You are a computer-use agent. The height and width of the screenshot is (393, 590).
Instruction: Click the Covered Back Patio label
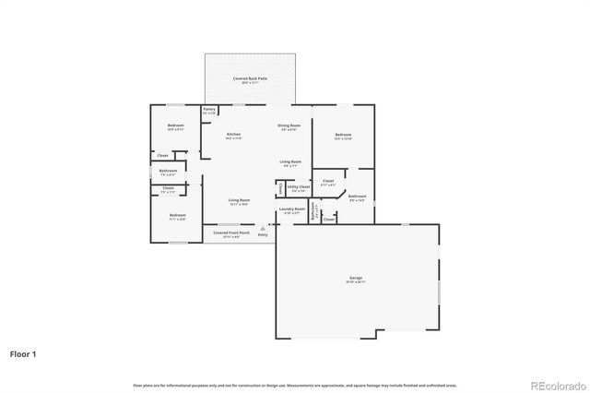[x=250, y=80]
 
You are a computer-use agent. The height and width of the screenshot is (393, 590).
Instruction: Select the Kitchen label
[x=234, y=136]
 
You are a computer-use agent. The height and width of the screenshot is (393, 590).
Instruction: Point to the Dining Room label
[x=290, y=125]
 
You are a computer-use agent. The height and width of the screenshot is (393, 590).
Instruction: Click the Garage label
[x=355, y=278]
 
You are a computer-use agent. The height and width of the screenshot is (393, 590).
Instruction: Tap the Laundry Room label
[x=291, y=209]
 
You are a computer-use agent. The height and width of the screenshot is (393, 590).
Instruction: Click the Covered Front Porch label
[x=231, y=234]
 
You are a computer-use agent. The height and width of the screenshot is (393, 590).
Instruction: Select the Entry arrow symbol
[x=263, y=228]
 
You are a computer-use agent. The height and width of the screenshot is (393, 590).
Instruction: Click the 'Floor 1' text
[x=23, y=353]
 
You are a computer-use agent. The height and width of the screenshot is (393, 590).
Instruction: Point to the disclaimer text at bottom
[x=295, y=384]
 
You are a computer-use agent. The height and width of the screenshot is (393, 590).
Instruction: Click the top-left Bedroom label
[x=175, y=125]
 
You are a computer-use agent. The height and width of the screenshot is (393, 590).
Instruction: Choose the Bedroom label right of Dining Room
[x=343, y=136]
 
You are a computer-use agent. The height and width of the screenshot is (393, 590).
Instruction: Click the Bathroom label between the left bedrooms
[x=168, y=171]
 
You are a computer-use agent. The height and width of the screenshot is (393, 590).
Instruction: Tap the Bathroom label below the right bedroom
[x=358, y=196]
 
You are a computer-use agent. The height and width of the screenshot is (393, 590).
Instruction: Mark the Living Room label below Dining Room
[x=290, y=162]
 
